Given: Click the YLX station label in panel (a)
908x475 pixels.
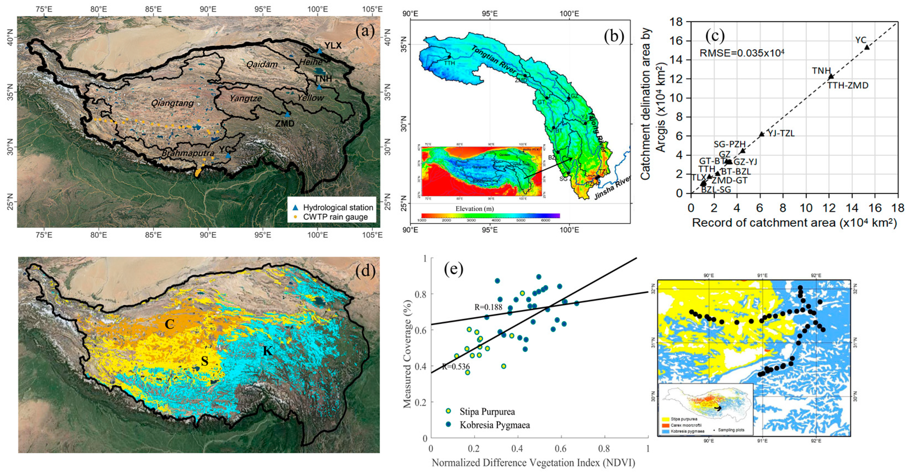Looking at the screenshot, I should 333,46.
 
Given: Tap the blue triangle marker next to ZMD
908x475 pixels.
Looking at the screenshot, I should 288,114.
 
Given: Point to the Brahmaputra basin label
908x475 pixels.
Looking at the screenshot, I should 188,153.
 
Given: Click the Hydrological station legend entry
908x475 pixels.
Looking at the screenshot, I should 338,207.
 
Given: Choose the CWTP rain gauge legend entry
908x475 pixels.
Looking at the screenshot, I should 335,217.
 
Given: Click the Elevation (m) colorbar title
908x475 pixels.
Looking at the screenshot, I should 474,209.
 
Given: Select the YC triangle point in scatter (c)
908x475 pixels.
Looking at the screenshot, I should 867,47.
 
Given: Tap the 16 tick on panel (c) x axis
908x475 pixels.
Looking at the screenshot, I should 875,208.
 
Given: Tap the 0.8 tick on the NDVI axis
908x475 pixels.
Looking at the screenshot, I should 604,449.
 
